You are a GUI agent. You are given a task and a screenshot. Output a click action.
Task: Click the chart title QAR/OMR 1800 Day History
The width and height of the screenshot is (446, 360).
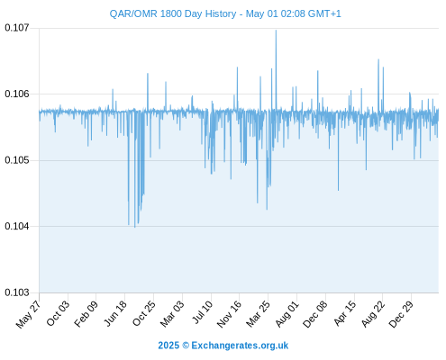[173, 13]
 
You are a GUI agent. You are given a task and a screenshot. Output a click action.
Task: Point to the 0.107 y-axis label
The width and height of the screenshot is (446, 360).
[17, 28]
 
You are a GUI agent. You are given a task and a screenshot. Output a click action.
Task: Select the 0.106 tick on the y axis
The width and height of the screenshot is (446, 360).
[17, 94]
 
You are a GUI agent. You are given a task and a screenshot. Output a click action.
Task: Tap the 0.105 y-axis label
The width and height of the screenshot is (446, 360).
[17, 160]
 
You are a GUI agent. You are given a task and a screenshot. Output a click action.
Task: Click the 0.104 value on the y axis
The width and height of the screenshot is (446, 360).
[17, 226]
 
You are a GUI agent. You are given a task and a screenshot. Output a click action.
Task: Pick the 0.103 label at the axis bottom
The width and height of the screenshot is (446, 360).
[17, 292]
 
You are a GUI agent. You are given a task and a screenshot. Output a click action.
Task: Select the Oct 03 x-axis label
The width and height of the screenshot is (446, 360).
[58, 313]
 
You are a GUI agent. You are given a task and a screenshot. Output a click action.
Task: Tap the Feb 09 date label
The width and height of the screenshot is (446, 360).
[86, 313]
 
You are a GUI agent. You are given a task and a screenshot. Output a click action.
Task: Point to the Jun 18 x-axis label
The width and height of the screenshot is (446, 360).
[115, 313]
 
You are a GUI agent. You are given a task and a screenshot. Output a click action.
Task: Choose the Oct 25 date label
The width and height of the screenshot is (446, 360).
[144, 313]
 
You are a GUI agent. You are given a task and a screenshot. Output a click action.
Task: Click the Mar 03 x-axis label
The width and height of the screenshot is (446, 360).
[172, 314]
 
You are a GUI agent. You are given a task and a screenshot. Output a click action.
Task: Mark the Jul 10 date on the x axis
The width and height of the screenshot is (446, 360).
[203, 312]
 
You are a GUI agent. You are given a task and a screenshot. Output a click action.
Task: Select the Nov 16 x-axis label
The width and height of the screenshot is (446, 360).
[229, 314]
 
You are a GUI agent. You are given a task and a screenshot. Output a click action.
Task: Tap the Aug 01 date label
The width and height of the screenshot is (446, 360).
[287, 314]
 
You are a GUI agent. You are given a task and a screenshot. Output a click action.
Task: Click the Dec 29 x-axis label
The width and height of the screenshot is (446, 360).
[401, 314]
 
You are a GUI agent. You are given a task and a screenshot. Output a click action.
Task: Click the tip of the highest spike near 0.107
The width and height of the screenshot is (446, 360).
[276, 30]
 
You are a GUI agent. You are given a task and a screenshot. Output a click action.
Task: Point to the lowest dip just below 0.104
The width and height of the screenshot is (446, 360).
[135, 228]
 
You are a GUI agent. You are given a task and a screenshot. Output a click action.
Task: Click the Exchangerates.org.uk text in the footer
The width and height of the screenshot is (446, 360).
[240, 346]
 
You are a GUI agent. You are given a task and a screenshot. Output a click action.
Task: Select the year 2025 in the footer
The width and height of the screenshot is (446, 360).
[168, 346]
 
